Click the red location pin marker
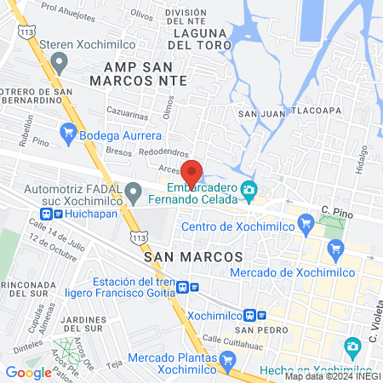click(192, 170)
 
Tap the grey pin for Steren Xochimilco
click(59, 62)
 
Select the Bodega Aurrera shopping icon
click(69, 132)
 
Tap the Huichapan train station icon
click(48, 214)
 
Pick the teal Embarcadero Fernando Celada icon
click(249, 188)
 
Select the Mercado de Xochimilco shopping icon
click(335, 249)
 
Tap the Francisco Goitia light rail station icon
click(195, 287)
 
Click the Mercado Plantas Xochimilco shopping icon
click(226, 361)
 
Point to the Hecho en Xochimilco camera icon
click(352, 346)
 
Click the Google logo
click(28, 372)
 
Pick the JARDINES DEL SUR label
click(83, 326)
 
